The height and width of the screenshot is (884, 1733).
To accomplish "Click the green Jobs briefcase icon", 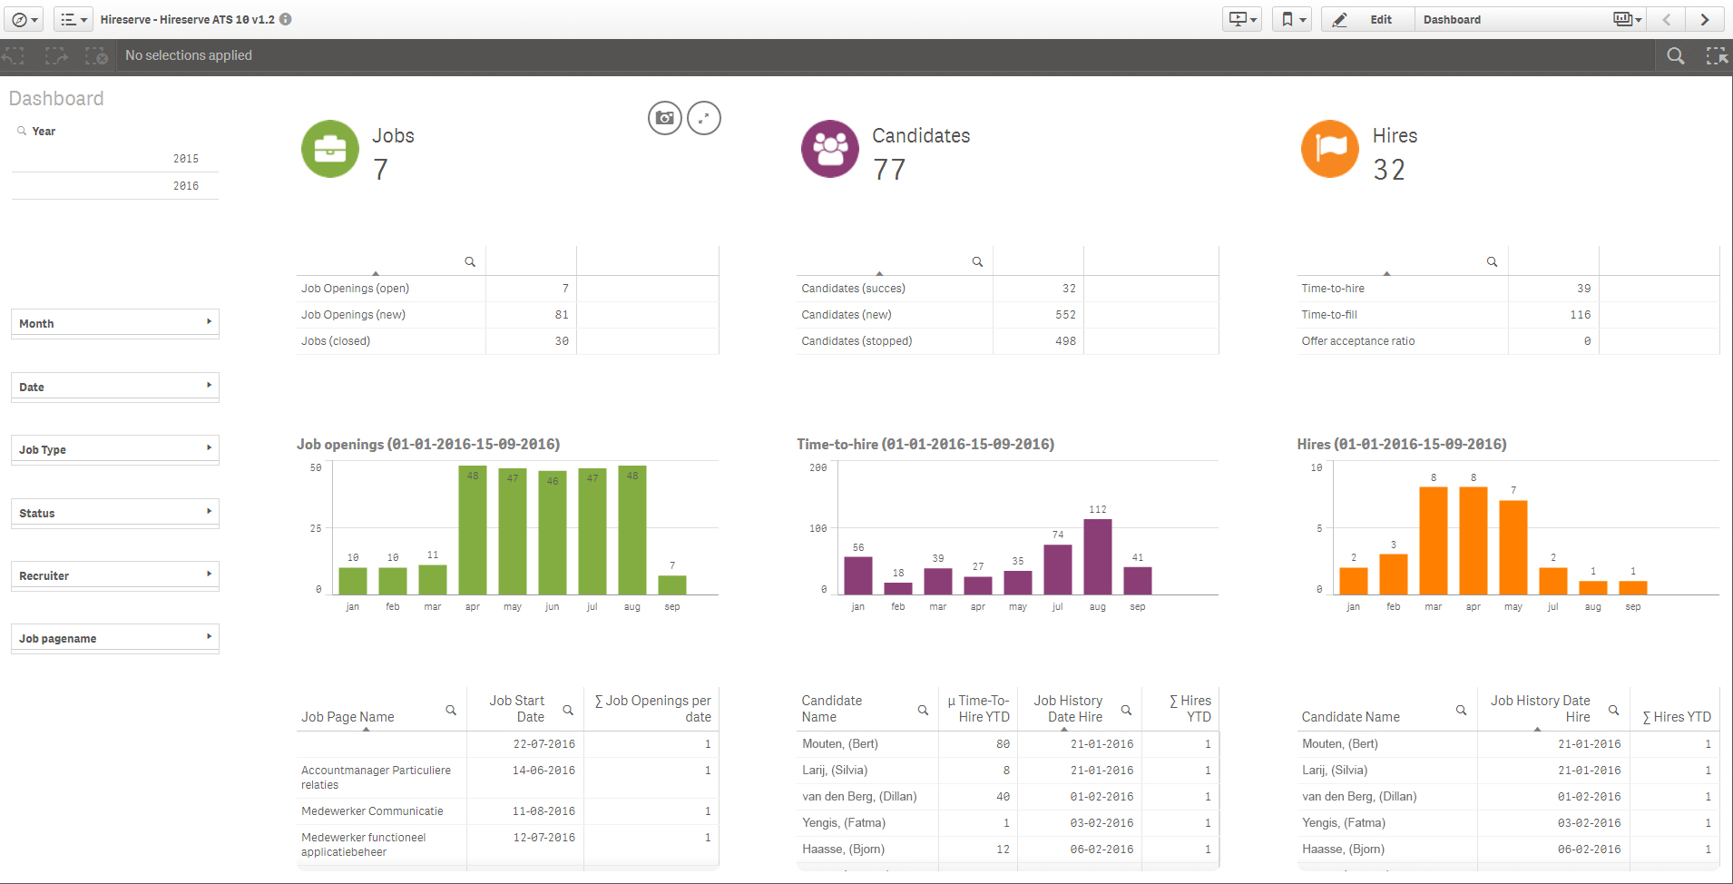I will click(330, 149).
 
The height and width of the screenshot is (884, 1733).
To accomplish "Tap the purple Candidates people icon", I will click(829, 149).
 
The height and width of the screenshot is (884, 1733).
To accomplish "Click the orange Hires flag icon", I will click(1329, 149).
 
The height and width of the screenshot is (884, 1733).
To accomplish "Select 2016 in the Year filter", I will click(186, 186).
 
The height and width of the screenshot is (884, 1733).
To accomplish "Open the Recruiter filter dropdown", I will click(115, 575).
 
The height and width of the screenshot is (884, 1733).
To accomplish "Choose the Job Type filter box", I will click(115, 449).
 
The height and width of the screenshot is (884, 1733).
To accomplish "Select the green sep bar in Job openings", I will click(671, 584).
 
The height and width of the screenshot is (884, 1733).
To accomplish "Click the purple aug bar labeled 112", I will click(1097, 556).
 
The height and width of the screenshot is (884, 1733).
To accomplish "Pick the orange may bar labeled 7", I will click(1513, 546).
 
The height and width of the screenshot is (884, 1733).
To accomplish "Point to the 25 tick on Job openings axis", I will click(316, 528).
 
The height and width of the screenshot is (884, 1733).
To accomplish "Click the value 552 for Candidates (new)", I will click(1065, 315).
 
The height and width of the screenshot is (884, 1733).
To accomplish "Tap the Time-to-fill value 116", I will click(1580, 315).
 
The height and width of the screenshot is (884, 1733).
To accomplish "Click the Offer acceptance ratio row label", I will click(1357, 341).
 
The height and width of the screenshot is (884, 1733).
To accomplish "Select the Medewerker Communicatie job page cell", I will click(372, 811).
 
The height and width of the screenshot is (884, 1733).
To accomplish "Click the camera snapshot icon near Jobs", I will click(665, 118).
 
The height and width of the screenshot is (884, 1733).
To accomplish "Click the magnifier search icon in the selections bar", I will click(1675, 56).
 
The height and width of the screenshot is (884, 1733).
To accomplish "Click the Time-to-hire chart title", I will click(925, 445).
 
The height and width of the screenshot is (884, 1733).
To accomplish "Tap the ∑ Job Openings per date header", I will click(652, 709).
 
